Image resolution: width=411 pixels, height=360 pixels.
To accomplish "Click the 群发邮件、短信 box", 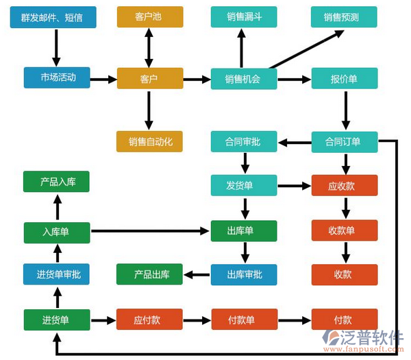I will coord(56,17).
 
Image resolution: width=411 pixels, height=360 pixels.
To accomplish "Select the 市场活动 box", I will coord(56,78).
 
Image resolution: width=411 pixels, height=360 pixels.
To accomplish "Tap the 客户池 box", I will coord(149,17).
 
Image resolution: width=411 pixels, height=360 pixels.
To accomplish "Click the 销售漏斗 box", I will coord(243,17).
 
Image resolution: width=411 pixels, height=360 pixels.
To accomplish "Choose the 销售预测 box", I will coord(345,17).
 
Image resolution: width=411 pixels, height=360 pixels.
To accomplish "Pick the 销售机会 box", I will coord(243,79).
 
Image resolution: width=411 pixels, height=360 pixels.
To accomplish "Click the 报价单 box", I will coord(345,79).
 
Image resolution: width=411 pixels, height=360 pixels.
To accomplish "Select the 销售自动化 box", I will coord(149,141).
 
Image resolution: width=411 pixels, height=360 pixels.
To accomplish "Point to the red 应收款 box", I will coord(345,185).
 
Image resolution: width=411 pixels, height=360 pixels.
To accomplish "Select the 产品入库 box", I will coord(56,182).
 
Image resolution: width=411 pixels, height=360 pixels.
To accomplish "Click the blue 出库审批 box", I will coord(243,274).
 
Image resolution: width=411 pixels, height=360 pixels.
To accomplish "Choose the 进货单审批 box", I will coord(56,274).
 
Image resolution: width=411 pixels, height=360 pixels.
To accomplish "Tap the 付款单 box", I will coord(243,320).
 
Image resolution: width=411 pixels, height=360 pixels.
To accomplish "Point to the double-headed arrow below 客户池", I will coord(149,47).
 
